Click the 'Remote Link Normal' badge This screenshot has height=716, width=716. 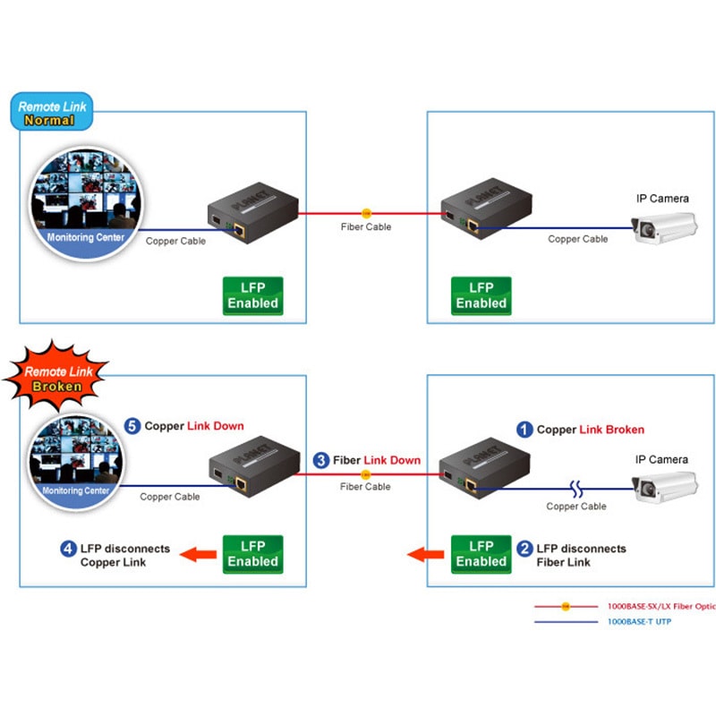click(x=52, y=111)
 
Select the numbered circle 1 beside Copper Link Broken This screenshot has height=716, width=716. click(x=524, y=430)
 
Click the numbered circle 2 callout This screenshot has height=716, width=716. click(x=524, y=549)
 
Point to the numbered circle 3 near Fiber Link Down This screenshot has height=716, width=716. click(x=321, y=460)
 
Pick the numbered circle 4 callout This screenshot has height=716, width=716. click(x=69, y=549)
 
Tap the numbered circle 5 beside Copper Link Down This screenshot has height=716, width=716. click(x=132, y=426)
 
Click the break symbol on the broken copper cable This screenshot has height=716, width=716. click(x=576, y=489)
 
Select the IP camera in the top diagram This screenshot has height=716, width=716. click(x=664, y=227)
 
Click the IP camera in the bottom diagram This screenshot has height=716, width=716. click(x=665, y=488)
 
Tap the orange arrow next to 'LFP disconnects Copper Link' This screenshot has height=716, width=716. click(x=198, y=554)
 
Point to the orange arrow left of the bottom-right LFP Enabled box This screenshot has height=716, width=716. click(x=425, y=554)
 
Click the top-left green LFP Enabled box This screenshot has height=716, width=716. click(x=253, y=296)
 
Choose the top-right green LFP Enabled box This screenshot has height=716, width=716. click(x=482, y=296)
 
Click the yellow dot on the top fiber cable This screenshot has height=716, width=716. click(x=366, y=213)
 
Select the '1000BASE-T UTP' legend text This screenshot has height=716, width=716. click(x=639, y=621)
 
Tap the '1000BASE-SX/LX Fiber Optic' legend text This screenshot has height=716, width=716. click(x=661, y=607)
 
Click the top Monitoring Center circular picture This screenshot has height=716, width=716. click(x=85, y=203)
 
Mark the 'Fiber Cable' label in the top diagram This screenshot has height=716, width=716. click(x=366, y=226)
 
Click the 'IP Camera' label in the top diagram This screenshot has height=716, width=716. click(x=662, y=199)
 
